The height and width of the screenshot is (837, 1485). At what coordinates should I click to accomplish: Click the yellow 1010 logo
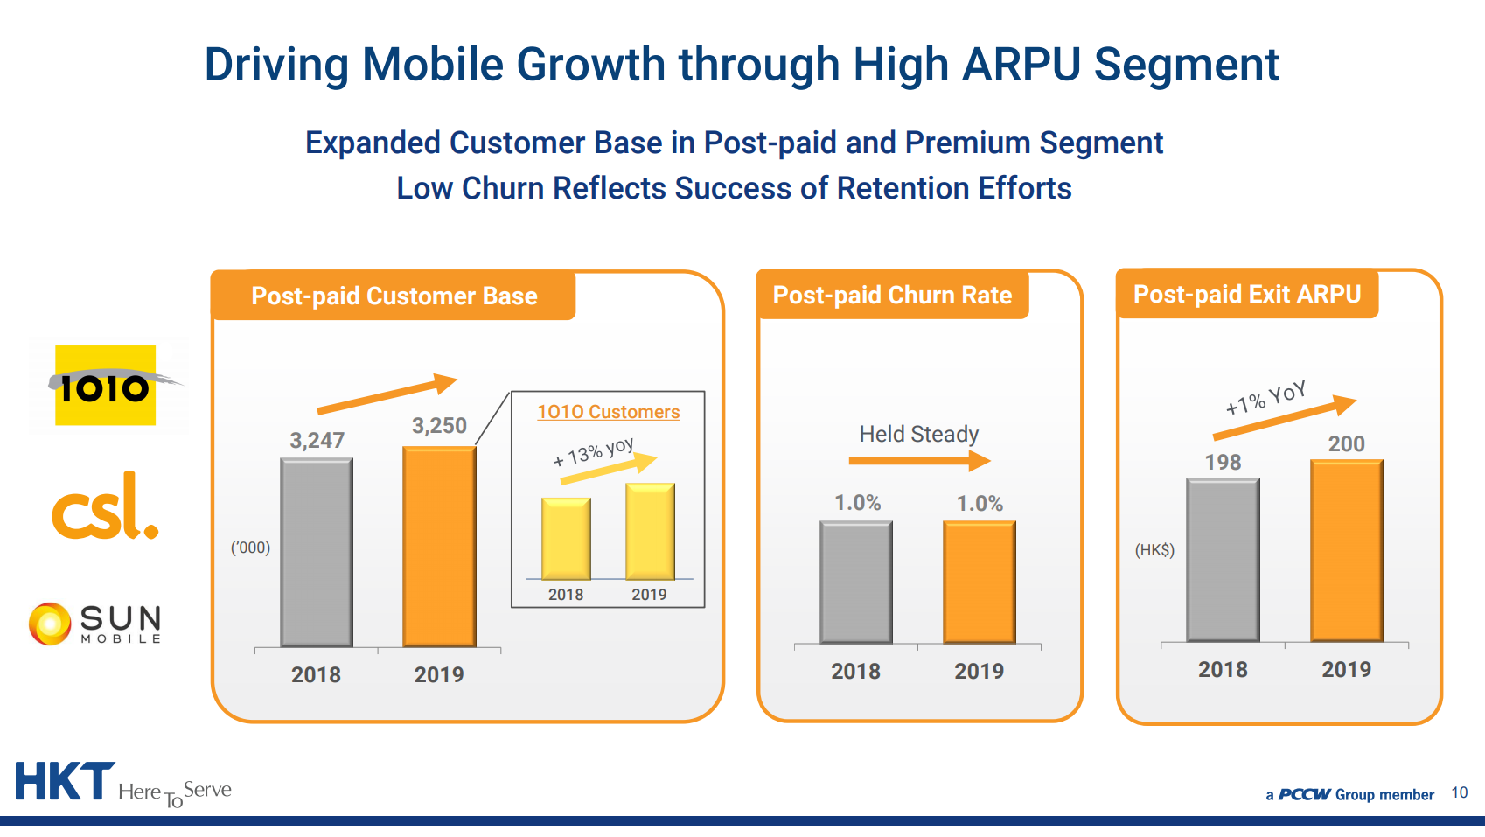point(106,386)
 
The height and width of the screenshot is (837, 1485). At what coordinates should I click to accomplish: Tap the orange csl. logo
point(105,507)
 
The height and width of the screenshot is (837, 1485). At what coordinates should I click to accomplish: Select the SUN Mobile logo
point(95,624)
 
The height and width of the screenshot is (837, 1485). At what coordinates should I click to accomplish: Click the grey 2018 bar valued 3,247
point(317,553)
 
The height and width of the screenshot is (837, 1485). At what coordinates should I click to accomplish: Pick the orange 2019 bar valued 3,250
point(439,547)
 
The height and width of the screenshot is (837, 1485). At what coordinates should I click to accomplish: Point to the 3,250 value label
point(439,426)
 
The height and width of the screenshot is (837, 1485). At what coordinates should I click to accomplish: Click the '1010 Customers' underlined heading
point(608,412)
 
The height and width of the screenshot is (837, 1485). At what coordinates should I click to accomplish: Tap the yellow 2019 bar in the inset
point(650,531)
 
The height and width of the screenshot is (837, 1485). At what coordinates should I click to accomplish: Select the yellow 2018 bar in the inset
point(566,539)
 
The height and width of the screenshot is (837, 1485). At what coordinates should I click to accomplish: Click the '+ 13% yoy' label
point(593,451)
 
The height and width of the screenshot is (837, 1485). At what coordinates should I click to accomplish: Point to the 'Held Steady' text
point(918,434)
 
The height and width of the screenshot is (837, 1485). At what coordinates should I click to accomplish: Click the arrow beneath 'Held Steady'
point(918,460)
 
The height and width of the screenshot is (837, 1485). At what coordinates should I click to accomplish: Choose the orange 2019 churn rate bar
point(979,582)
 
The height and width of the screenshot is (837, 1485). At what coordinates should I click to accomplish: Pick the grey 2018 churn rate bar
point(855,582)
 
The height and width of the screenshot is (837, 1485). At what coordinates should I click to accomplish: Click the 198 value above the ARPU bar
point(1223,462)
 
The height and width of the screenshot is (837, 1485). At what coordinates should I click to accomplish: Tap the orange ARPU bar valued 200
point(1346,550)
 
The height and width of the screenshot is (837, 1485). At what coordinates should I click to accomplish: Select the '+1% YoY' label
point(1265,397)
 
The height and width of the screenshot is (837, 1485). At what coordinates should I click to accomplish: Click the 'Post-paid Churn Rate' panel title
point(892,296)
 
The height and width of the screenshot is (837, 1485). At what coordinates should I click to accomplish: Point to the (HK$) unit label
point(1154,550)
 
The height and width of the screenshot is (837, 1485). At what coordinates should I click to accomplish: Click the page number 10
point(1459,792)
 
